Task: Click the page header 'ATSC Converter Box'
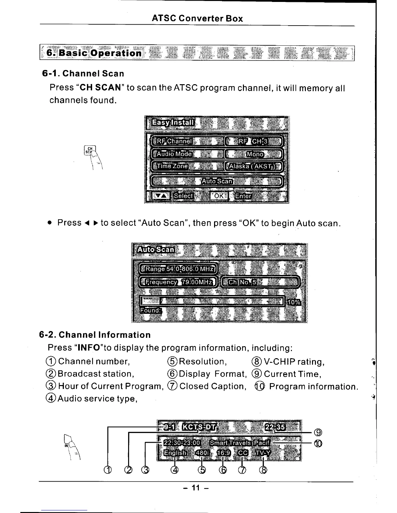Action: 197,18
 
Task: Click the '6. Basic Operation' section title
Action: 94,53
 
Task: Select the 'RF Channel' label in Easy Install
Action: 174,142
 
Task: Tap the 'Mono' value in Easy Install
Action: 255,154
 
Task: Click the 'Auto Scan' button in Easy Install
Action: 217,181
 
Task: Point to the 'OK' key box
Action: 219,196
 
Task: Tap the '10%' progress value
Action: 294,302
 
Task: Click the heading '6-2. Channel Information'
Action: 95,335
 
